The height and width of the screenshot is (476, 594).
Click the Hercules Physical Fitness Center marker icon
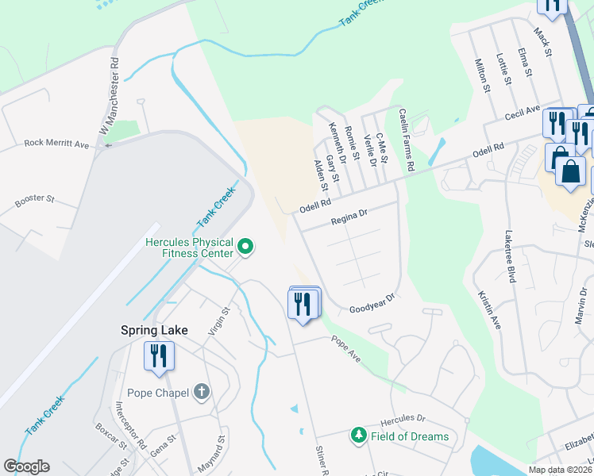pyautogui.click(x=245, y=248)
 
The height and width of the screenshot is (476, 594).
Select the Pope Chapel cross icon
pyautogui.click(x=202, y=392)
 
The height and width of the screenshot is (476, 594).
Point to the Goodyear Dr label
pyautogui.click(x=372, y=303)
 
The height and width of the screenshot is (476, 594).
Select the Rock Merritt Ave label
pyautogui.click(x=56, y=144)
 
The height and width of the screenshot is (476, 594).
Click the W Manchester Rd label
pyautogui.click(x=109, y=96)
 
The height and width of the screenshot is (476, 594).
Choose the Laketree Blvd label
pyautogui.click(x=509, y=256)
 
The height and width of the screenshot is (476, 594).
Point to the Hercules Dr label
pyautogui.click(x=403, y=419)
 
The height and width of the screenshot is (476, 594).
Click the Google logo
pyautogui.click(x=26, y=466)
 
